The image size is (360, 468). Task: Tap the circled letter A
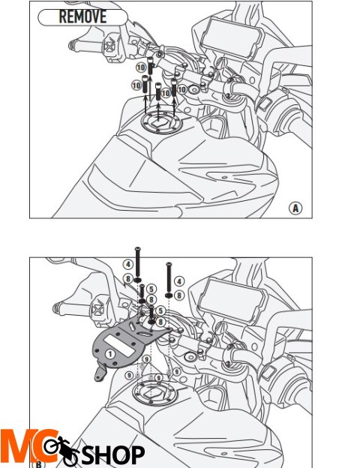[295, 208]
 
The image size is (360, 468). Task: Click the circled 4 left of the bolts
[128, 264]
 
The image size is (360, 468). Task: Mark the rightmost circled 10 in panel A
[181, 88]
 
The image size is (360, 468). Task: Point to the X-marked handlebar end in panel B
[97, 309]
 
